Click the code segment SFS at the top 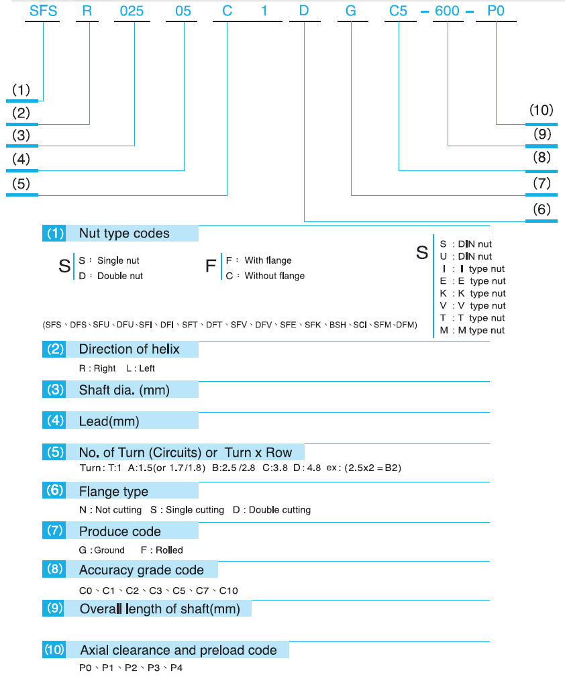point(44,11)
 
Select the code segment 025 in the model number point(132,11)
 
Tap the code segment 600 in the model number point(447,11)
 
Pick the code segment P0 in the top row point(496,11)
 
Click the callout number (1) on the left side point(21,90)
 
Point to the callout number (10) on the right point(542,110)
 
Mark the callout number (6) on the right point(542,209)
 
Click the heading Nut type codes point(124,233)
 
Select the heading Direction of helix point(129,349)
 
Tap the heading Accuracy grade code point(141,570)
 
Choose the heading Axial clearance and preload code point(178,650)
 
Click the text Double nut point(120,276)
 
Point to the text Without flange point(274,276)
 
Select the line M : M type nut point(472,330)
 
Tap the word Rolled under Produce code point(169,550)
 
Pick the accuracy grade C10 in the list point(229,590)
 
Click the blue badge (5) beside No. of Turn point(54,452)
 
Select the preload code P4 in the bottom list point(176,668)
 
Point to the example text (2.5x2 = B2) point(373,468)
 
